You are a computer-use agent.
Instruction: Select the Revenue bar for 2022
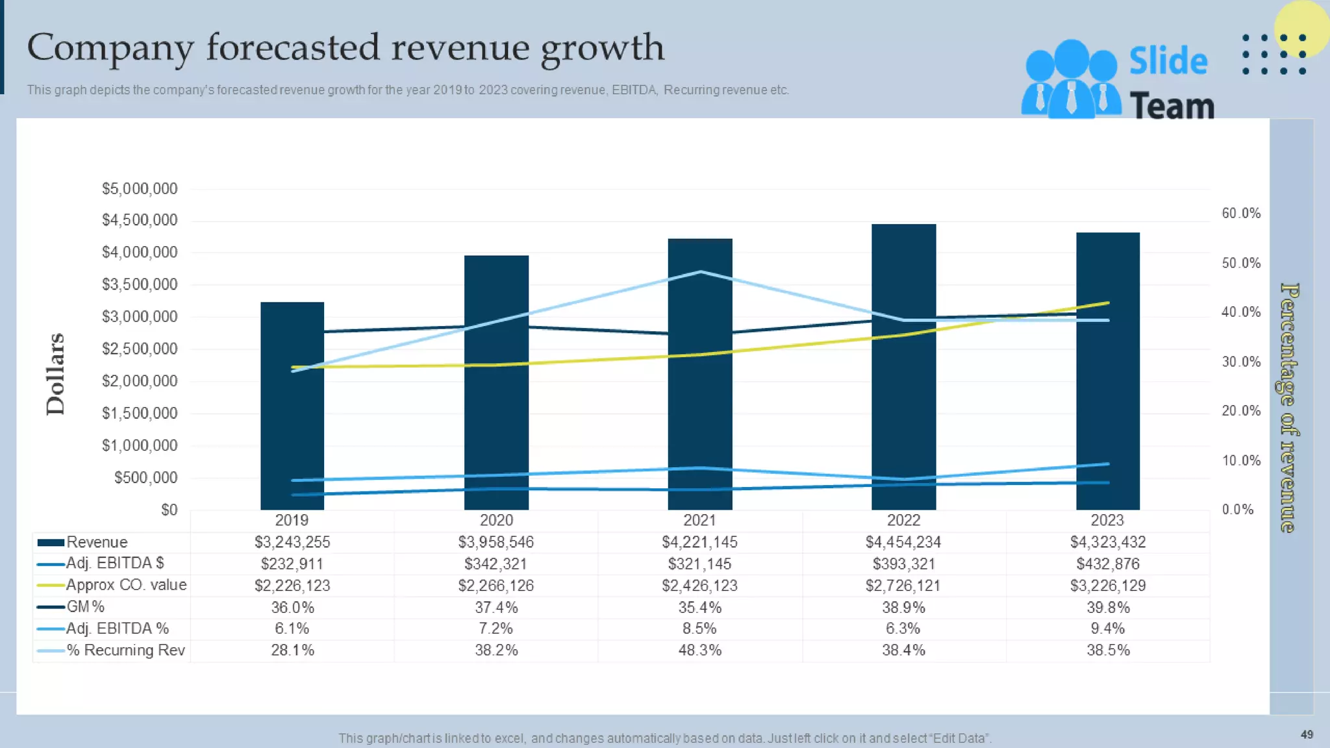[903, 390]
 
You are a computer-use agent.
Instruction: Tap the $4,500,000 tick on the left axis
[140, 220]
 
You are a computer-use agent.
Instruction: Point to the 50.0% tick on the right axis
[1241, 263]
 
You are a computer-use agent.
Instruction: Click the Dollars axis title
[56, 374]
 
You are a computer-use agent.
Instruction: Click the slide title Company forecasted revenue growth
[345, 48]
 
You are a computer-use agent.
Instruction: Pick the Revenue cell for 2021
[699, 542]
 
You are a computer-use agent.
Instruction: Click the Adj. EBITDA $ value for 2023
[1107, 564]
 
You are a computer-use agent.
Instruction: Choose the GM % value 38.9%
[903, 607]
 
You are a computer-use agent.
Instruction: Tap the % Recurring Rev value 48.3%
[699, 650]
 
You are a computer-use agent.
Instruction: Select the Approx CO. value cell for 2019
[292, 586]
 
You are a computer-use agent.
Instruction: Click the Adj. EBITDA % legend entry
[117, 629]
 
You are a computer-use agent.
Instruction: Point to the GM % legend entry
[85, 606]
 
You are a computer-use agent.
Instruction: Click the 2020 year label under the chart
[496, 520]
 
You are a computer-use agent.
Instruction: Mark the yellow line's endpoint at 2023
[1107, 303]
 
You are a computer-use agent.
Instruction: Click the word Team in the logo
[1172, 106]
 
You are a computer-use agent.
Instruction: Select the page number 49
[1307, 734]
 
